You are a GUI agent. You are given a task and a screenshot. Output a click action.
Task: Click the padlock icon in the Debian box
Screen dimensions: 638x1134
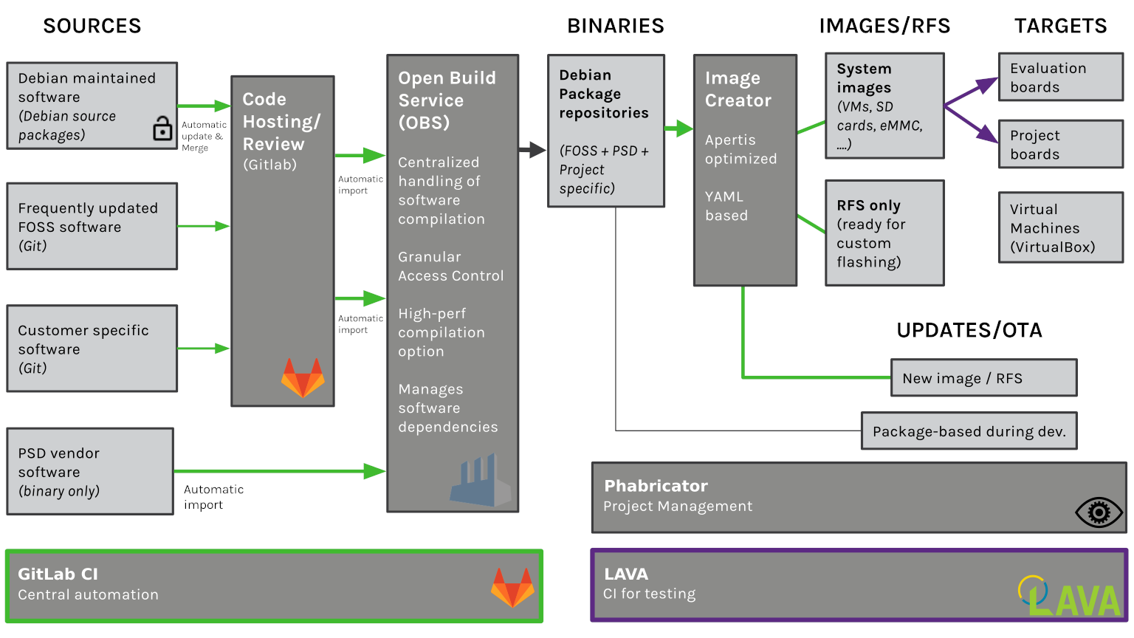coord(162,128)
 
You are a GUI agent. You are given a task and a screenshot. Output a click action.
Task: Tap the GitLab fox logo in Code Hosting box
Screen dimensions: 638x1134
coord(303,377)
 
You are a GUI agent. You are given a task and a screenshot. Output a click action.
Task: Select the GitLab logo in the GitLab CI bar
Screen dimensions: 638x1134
coord(512,587)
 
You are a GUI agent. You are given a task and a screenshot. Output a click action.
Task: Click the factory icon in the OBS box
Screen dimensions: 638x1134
coord(481,481)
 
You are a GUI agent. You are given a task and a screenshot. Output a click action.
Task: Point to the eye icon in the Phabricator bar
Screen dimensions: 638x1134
coord(1099,512)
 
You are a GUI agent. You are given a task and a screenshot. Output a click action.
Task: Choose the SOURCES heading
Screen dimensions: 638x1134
coord(92,27)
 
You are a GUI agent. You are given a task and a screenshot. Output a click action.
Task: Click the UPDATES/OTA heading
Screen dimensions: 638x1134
coord(969,330)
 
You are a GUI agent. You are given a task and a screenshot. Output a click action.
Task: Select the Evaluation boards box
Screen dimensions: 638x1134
coord(1060,78)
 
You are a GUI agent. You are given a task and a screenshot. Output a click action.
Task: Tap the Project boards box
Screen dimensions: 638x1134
coord(1060,145)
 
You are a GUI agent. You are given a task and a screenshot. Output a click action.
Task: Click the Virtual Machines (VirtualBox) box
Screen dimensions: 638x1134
coord(1060,228)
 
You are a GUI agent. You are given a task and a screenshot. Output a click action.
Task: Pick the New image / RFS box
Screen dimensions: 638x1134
coord(983,378)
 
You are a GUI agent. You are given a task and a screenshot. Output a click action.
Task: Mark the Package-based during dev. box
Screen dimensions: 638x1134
coord(969,431)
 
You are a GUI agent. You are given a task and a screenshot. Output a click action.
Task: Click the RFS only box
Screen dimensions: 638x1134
coord(884,233)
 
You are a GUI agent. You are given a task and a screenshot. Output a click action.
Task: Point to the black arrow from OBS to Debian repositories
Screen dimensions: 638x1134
coord(532,150)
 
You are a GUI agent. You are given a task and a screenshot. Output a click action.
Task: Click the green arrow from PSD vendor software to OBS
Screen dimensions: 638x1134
coord(281,471)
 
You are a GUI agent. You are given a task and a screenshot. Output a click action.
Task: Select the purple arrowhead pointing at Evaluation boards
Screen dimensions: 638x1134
coord(988,84)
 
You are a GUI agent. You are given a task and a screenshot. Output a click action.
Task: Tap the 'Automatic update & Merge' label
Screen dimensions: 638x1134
coord(204,137)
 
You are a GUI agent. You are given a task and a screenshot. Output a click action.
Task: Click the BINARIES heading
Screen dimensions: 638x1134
coord(615,27)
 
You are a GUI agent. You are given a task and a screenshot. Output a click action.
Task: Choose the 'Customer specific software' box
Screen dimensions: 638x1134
coord(92,349)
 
